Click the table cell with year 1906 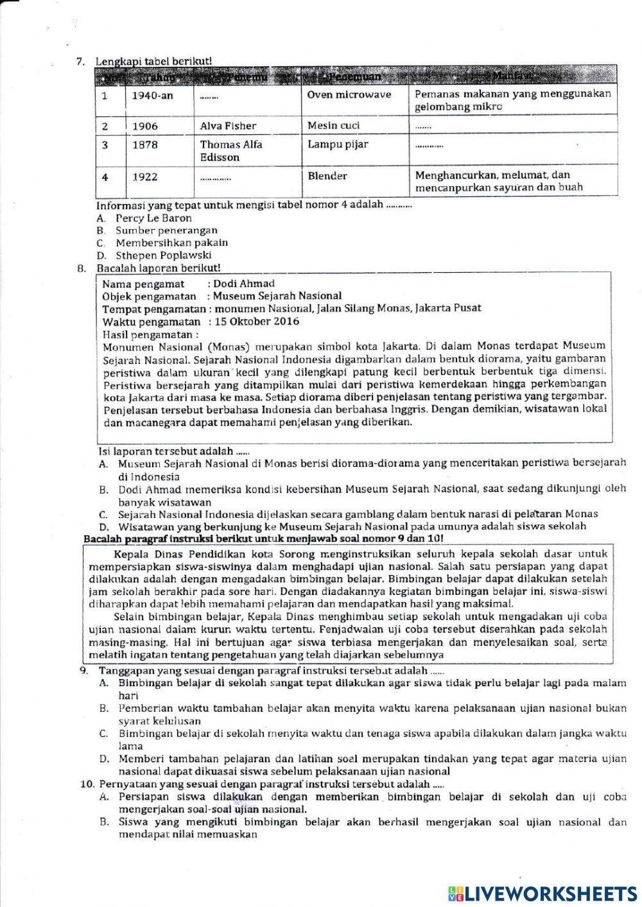tap(145, 126)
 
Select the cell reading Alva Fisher tap(228, 126)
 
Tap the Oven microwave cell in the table tap(349, 94)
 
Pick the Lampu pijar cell tap(338, 144)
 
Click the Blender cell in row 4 tap(327, 176)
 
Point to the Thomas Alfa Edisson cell tap(231, 151)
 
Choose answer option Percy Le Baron tap(153, 218)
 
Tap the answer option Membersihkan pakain tap(171, 243)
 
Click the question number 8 tap(81, 268)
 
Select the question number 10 tap(86, 784)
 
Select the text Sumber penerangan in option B tap(166, 230)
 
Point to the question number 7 tap(80, 62)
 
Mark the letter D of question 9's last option tap(103, 759)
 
